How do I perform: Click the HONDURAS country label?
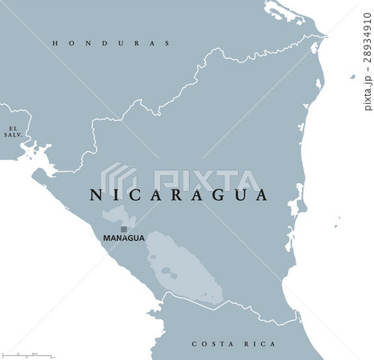[x=111, y=42]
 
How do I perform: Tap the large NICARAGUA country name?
[x=178, y=194]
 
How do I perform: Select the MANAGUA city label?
[x=124, y=238]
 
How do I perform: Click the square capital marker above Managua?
[x=124, y=229]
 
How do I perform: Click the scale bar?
[x=27, y=353]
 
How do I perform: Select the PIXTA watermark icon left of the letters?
[x=121, y=179]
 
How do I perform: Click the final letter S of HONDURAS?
[x=167, y=42]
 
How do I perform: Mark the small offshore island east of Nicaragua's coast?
[x=352, y=77]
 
